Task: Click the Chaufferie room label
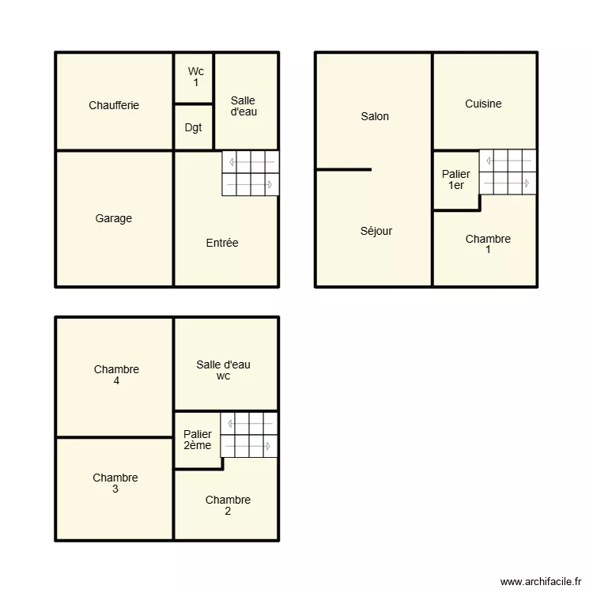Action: pyautogui.click(x=114, y=105)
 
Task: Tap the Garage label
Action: pyautogui.click(x=114, y=218)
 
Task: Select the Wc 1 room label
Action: pyautogui.click(x=195, y=77)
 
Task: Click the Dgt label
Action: pyautogui.click(x=193, y=127)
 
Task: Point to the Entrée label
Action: pyautogui.click(x=222, y=243)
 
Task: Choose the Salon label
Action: pyautogui.click(x=375, y=116)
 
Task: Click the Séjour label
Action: pyautogui.click(x=376, y=231)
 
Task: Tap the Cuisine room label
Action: pyautogui.click(x=483, y=104)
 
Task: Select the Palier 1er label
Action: pyautogui.click(x=456, y=179)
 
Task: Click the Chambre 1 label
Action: pyautogui.click(x=488, y=244)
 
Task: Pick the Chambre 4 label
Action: pyautogui.click(x=116, y=375)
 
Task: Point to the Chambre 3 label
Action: pyautogui.click(x=115, y=483)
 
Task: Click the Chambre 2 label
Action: pyautogui.click(x=228, y=505)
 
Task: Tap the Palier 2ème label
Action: pyautogui.click(x=198, y=440)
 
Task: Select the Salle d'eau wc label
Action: pyautogui.click(x=224, y=370)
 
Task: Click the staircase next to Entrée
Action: pyautogui.click(x=250, y=173)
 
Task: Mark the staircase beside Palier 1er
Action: pyautogui.click(x=508, y=172)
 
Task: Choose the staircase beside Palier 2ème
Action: pyautogui.click(x=249, y=435)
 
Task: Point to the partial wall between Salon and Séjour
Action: pyautogui.click(x=344, y=169)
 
